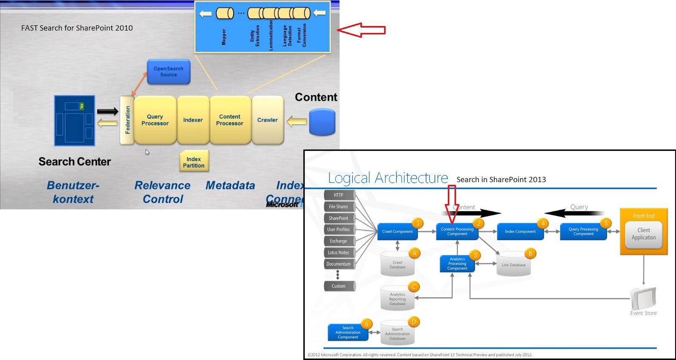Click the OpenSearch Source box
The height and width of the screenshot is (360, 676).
point(168,72)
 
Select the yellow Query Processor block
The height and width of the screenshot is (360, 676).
point(155,120)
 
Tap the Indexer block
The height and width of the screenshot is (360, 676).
point(193,120)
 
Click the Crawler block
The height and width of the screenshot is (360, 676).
point(267,120)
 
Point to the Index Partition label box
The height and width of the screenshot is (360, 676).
point(194,162)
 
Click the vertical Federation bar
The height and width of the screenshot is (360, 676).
point(127,120)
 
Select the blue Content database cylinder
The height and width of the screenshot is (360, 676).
point(322,122)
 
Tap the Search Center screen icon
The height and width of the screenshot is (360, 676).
point(74,121)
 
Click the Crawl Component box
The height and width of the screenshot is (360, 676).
point(397,232)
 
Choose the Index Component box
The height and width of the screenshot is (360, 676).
point(520,232)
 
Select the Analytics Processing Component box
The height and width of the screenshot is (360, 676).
point(457,264)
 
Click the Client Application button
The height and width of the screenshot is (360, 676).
point(643,234)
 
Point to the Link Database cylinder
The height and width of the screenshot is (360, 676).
point(513,265)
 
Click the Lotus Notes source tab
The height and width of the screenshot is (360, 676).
point(338,253)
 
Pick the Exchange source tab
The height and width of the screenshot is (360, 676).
point(338,241)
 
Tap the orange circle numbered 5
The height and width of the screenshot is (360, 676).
point(605,223)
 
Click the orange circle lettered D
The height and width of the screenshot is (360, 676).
point(414,322)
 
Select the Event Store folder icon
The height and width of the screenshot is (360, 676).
point(643,298)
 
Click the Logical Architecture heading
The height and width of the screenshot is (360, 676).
point(388,178)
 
